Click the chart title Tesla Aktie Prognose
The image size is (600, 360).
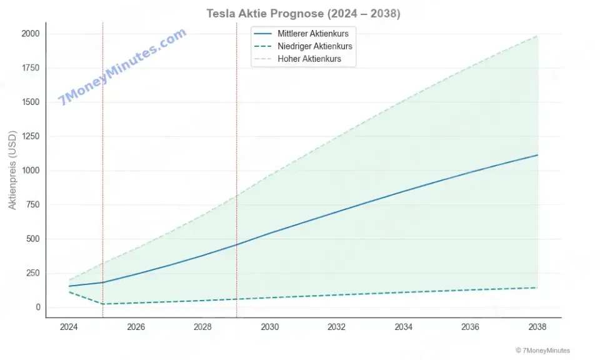click(x=303, y=13)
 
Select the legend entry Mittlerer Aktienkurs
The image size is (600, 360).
click(x=313, y=34)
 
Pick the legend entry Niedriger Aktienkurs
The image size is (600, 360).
click(x=315, y=47)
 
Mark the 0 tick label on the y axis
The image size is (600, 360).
click(x=38, y=307)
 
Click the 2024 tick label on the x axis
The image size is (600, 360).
click(x=69, y=327)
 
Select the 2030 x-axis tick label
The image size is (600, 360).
click(x=269, y=327)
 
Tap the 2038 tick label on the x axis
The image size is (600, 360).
click(x=537, y=327)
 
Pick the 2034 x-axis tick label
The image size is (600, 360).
click(x=403, y=327)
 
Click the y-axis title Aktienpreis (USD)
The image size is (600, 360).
click(x=12, y=170)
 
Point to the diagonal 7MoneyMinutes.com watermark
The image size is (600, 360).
click(x=122, y=66)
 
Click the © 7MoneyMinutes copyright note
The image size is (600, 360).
click(x=542, y=351)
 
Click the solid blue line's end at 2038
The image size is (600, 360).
click(x=537, y=155)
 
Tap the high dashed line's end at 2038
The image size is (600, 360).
click(x=537, y=36)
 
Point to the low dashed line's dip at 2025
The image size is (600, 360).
click(x=102, y=304)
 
